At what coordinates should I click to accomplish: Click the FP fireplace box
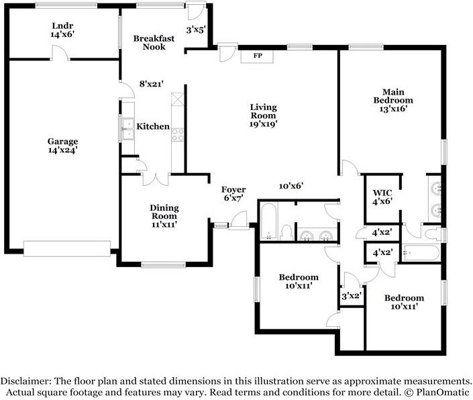click(257, 56)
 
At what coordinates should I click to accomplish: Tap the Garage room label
click(63, 142)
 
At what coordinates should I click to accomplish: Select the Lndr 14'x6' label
click(62, 30)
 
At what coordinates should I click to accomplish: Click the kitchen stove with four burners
click(178, 135)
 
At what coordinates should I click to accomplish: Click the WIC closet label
click(382, 193)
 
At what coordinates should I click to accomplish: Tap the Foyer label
click(233, 190)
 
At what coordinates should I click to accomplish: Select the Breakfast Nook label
click(154, 42)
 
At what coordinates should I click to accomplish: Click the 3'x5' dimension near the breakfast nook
click(196, 30)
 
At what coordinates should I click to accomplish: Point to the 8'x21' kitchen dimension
click(152, 84)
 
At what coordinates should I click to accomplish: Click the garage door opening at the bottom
click(67, 248)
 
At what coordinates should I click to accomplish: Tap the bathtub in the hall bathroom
click(268, 221)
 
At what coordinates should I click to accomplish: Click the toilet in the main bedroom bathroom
click(432, 234)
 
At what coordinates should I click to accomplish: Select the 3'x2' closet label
click(352, 296)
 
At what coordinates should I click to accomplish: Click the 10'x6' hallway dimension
click(291, 186)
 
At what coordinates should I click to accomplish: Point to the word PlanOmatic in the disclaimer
click(443, 393)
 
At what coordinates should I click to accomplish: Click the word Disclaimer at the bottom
click(25, 381)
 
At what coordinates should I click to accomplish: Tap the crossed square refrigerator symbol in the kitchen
click(177, 99)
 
